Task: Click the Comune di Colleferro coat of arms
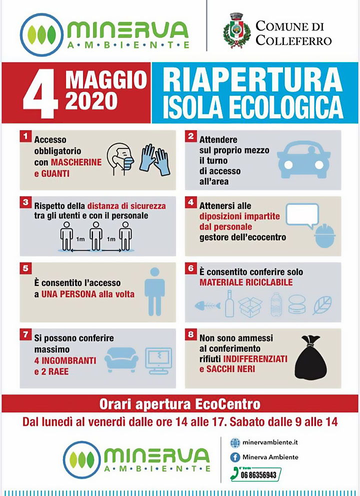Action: coord(236,30)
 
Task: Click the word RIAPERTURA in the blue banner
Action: coord(252,80)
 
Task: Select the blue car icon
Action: coord(303,159)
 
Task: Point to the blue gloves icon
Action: coord(155,159)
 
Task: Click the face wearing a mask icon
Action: coord(120,159)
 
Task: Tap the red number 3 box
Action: coord(25,202)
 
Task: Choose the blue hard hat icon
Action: coord(325,235)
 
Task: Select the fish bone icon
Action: coord(207,306)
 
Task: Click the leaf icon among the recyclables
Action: coord(322,305)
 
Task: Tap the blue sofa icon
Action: coord(121,359)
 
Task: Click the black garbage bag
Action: coord(311,357)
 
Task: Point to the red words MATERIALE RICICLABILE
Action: coord(246,282)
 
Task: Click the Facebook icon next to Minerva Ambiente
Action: coord(234,457)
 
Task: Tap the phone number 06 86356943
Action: coord(258,475)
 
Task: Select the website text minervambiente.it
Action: coord(270,442)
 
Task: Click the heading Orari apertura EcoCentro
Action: coord(180,404)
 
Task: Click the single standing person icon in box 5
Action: coord(154,291)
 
